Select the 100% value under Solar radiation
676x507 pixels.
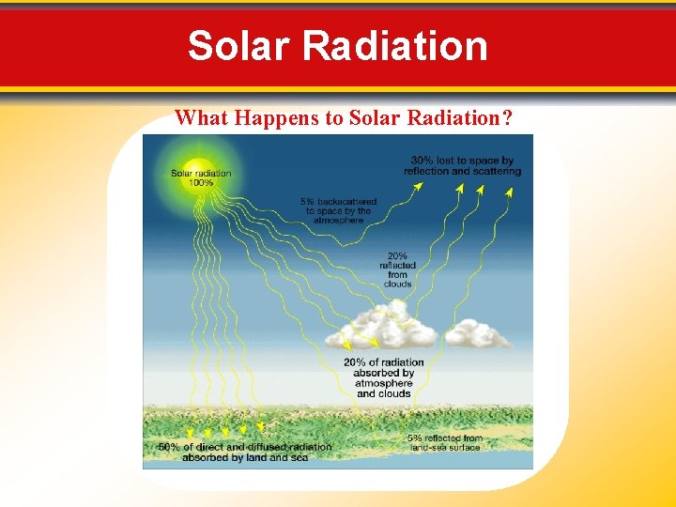pyautogui.click(x=201, y=183)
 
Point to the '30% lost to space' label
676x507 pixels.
pyautogui.click(x=462, y=165)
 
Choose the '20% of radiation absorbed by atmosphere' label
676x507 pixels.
pyautogui.click(x=385, y=377)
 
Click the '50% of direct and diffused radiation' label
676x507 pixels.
pyautogui.click(x=245, y=453)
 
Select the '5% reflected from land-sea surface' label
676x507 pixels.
pyautogui.click(x=445, y=442)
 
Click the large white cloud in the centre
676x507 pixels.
pyautogui.click(x=385, y=329)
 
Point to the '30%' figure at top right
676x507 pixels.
pyautogui.click(x=422, y=160)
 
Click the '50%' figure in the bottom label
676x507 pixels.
pyautogui.click(x=169, y=447)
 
